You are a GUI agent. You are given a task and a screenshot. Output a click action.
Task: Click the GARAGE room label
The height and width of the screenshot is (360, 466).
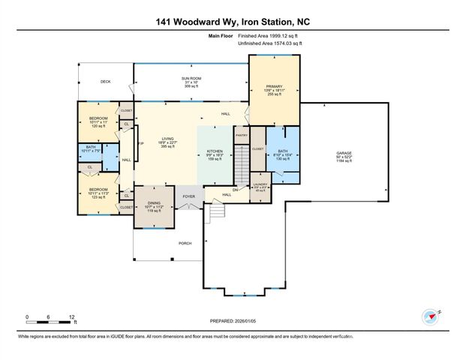click(344, 153)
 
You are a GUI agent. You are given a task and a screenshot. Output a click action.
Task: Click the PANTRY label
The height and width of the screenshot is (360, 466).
click(241, 135)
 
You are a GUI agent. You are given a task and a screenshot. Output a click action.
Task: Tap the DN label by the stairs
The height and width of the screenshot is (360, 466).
click(235, 190)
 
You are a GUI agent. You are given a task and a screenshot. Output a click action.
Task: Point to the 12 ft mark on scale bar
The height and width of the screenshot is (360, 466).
click(70, 316)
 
